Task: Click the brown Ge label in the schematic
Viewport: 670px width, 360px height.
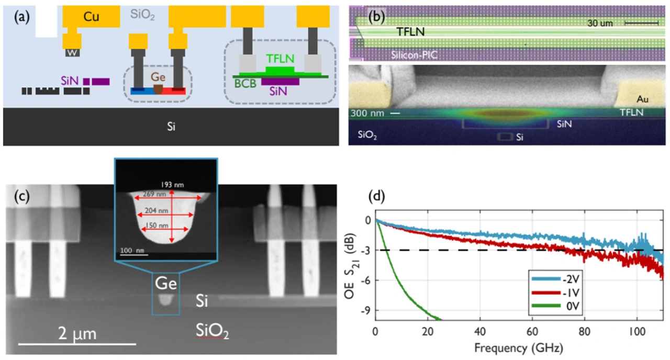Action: [158, 77]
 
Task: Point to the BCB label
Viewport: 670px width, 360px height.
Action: [244, 84]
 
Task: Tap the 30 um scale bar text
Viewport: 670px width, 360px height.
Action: [602, 23]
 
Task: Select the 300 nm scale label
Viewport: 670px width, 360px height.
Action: [365, 113]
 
